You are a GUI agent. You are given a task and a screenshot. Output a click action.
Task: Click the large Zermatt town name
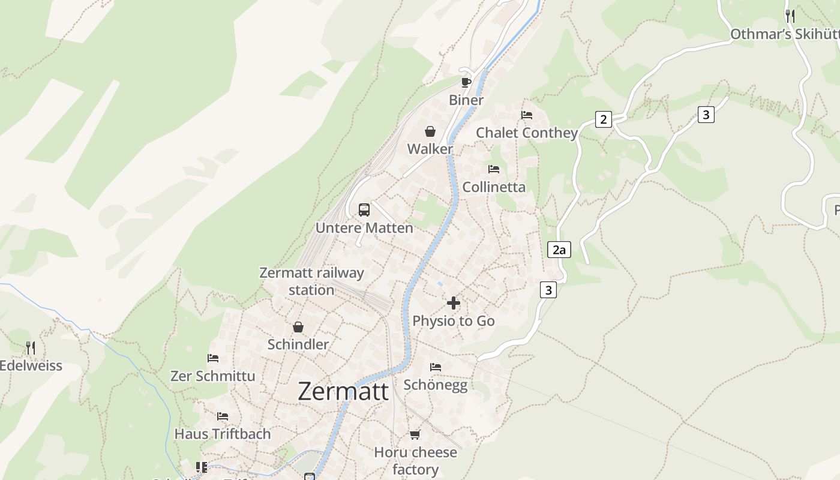[343, 391]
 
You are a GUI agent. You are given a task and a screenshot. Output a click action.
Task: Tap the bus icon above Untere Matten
[364, 210]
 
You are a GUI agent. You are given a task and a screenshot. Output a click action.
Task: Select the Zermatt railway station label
[311, 281]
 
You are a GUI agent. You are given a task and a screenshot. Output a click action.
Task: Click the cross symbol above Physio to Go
[454, 303]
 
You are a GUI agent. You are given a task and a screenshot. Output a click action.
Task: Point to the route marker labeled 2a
[559, 250]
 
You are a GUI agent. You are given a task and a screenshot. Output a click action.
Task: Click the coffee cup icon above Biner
[466, 82]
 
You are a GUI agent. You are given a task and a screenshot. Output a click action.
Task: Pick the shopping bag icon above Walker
[430, 131]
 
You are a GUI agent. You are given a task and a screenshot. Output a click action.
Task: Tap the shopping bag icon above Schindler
[298, 327]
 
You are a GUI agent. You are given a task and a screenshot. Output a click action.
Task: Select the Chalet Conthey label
[527, 133]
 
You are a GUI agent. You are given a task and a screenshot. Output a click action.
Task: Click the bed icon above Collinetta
[494, 169]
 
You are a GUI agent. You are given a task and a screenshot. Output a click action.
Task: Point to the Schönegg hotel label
[436, 385]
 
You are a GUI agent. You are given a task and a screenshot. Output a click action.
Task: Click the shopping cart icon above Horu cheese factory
[415, 434]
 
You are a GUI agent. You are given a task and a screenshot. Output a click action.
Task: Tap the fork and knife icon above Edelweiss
[31, 347]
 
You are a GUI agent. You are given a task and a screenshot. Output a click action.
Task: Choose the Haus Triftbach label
[223, 433]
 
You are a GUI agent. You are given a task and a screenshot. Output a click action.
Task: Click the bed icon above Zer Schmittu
[213, 358]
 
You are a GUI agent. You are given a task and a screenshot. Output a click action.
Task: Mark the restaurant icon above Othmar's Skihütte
[790, 16]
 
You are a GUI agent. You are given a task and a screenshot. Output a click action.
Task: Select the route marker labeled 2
[603, 119]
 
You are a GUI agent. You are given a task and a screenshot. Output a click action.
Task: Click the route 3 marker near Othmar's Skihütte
[706, 115]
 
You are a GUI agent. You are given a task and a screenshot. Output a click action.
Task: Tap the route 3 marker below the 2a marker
[548, 290]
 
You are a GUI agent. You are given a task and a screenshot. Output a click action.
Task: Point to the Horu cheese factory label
[415, 460]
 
